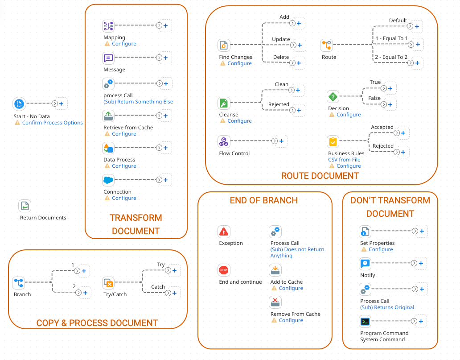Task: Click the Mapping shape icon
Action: [108, 26]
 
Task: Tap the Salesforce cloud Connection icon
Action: [108, 180]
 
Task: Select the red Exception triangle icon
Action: [224, 232]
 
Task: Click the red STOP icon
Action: [224, 270]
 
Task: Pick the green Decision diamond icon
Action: [333, 97]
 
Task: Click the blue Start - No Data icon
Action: [19, 103]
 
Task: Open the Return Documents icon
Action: [25, 206]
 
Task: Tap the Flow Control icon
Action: [224, 141]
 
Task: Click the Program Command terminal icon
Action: [365, 322]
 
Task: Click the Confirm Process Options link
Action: [53, 123]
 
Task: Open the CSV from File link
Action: [344, 160]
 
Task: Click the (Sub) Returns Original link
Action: [387, 307]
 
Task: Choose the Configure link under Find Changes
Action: [239, 63]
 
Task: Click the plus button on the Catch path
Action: [175, 293]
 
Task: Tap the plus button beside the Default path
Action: [417, 26]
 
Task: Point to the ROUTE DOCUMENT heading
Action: [320, 176]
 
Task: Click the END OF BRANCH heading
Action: [264, 201]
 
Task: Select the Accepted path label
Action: [382, 127]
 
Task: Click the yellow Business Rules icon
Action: [333, 141]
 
